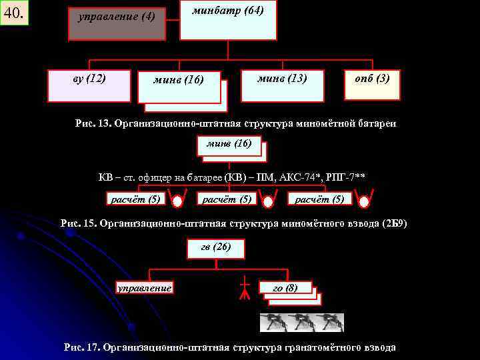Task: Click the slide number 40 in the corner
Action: pos(15,13)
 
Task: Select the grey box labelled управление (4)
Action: pos(117,24)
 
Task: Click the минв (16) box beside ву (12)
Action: pos(179,87)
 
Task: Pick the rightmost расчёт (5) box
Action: pos(320,198)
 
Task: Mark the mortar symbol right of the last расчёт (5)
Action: pos(364,200)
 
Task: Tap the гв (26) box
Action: pos(216,248)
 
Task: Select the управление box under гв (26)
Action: pos(145,288)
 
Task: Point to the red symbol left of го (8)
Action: pos(245,289)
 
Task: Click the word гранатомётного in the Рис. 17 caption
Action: pos(313,347)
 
